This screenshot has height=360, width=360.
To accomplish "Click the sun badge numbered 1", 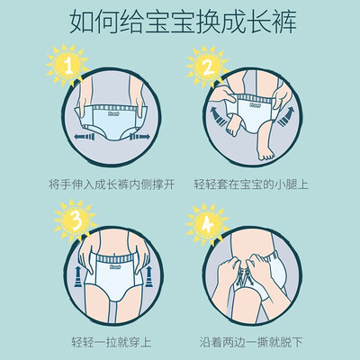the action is click(x=68, y=65).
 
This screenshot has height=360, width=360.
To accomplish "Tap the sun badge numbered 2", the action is click(x=208, y=67).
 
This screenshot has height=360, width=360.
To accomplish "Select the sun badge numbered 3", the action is click(x=76, y=220).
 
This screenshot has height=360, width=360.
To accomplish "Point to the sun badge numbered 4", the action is click(x=208, y=225).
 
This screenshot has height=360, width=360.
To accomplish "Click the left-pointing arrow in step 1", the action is click(x=85, y=137).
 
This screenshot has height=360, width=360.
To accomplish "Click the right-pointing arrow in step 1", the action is click(x=139, y=137).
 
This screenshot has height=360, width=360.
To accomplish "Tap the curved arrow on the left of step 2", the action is click(x=219, y=117).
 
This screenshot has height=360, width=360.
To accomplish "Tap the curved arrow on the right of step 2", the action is click(x=284, y=117).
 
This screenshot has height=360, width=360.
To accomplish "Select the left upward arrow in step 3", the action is click(x=77, y=277).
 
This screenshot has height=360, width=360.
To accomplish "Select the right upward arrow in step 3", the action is click(x=149, y=277).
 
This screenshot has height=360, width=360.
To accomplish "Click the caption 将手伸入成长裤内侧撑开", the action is click(x=112, y=184).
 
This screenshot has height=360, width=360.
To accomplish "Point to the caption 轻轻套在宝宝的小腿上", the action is click(x=251, y=184).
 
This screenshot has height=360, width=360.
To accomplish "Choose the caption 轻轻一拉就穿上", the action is click(x=112, y=342).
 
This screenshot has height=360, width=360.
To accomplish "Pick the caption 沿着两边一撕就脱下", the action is click(x=251, y=342).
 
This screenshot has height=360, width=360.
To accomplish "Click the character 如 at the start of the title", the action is click(x=82, y=22).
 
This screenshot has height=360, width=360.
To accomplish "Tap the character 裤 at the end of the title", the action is click(x=283, y=22).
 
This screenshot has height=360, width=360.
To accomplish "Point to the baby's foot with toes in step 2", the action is click(x=265, y=156).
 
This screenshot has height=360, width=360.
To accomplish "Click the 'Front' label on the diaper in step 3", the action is click(x=115, y=266).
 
